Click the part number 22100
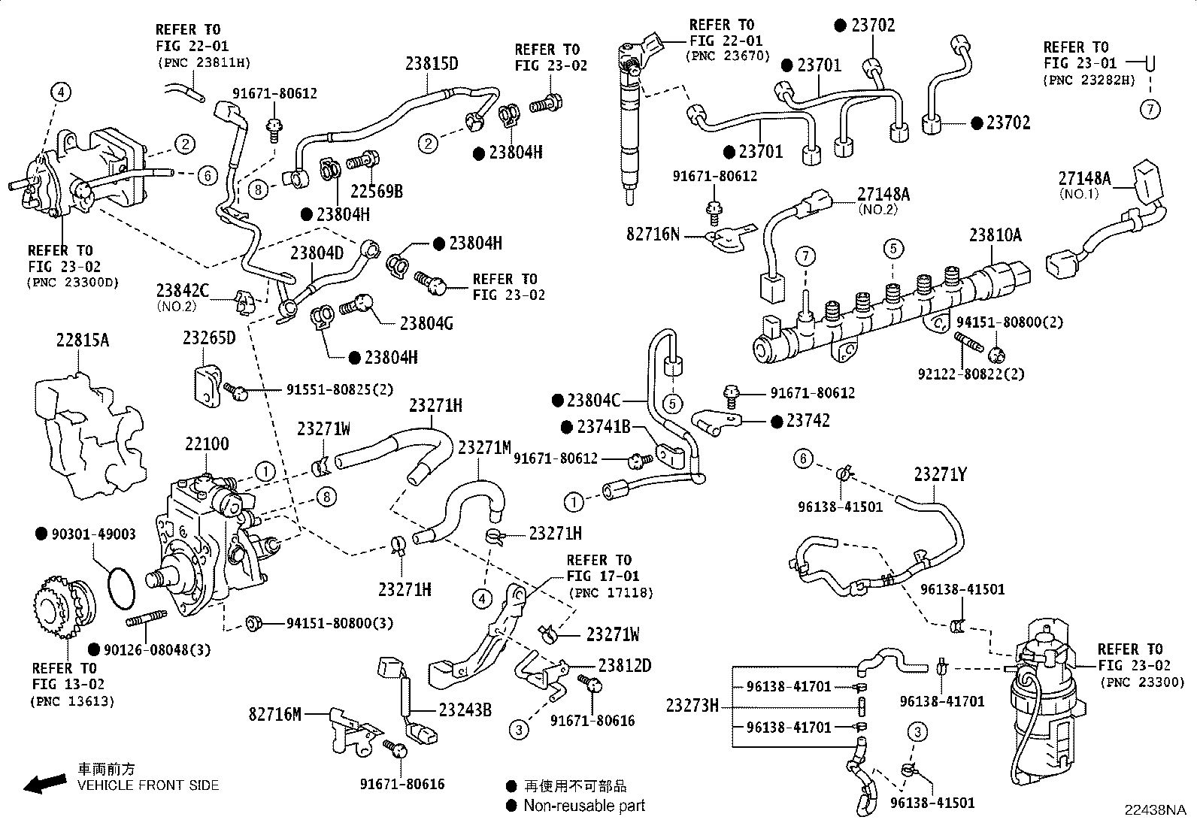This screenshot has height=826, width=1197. pos(207,445)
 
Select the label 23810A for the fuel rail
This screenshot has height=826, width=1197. pos(995,235)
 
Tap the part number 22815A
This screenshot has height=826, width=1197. pos(82,340)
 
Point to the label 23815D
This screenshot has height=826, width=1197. pos(432,63)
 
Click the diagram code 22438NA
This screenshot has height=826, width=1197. pos(1154,810)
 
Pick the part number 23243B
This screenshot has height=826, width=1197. pos(465,709)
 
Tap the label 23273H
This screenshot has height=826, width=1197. pos(692,706)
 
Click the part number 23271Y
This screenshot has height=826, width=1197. pos(940,474)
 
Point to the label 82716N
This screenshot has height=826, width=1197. pos(653,234)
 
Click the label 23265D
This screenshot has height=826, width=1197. pos(208,338)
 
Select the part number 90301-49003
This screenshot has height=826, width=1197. pos(93,534)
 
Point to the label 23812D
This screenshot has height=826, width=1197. pos(624,666)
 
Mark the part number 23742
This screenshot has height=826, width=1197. pos(808,421)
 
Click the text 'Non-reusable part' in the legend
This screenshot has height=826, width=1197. pos(584,806)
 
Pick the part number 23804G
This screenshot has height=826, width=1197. pos(426,323)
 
